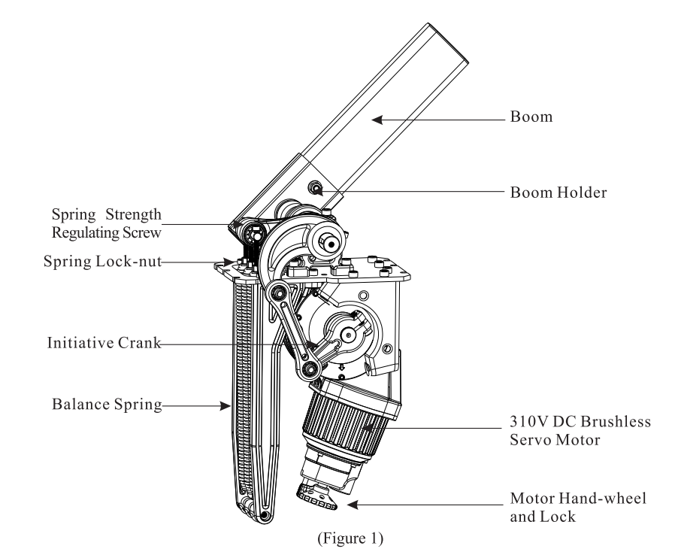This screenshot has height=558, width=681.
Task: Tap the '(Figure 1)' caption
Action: click(340, 539)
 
